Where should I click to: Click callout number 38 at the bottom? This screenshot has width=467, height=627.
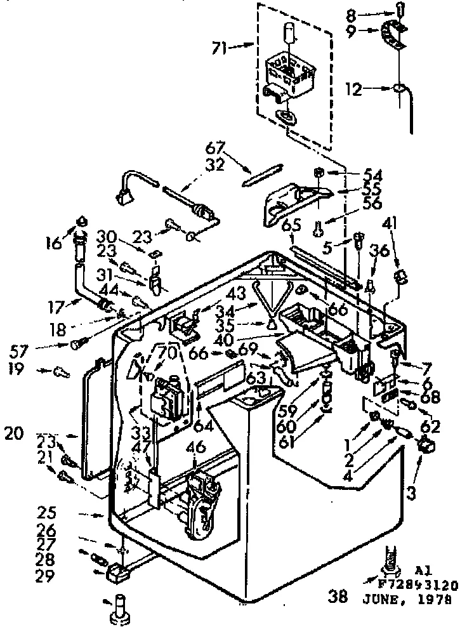coord(338,597)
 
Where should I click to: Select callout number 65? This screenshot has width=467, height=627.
coord(291,225)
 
